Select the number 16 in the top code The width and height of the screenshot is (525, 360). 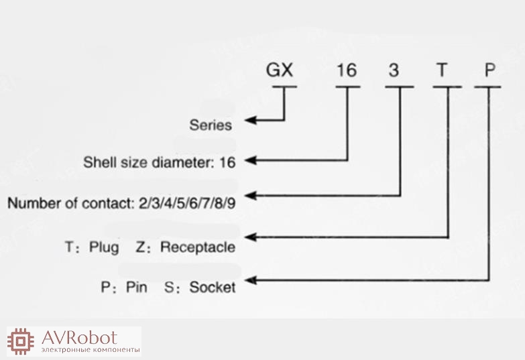coord(347,70)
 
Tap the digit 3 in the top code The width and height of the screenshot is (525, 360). coord(394,70)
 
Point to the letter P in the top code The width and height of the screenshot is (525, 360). coord(490,70)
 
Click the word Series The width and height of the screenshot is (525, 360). coord(211,125)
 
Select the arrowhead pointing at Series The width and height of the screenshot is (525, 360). coord(248,121)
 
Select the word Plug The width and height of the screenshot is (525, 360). coord(105,247)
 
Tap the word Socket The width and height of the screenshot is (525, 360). coord(213,288)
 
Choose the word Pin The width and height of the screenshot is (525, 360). coord(136,288)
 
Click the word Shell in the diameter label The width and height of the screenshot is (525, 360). coord(98,162)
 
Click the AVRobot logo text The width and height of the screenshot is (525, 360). coord(79,337)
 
